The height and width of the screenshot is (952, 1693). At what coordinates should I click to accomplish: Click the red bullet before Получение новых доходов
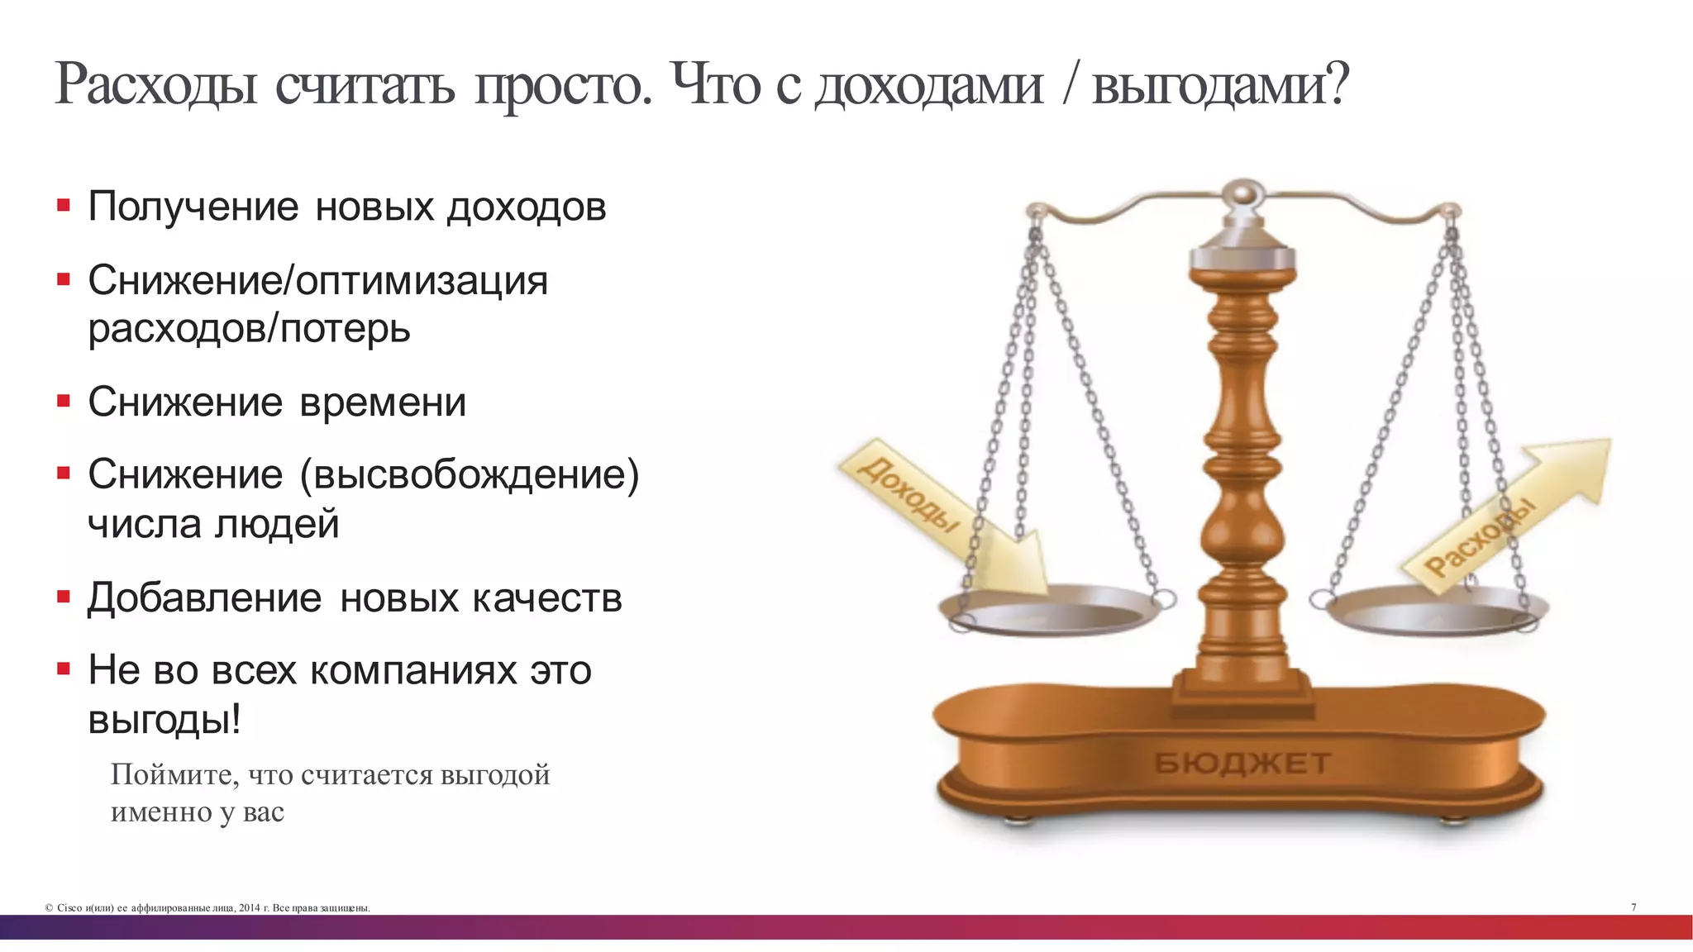(x=64, y=205)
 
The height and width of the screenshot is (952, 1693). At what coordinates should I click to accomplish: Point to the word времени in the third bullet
(x=383, y=402)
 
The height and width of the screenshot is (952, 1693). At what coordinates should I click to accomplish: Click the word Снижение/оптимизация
(x=317, y=280)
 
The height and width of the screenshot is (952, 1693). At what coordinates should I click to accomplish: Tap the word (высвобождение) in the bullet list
(x=469, y=475)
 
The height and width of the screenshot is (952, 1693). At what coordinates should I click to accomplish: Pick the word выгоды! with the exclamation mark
(x=165, y=719)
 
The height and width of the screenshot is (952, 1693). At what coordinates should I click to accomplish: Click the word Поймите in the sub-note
(x=174, y=774)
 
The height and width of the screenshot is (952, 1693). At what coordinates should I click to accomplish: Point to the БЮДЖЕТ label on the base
(x=1242, y=763)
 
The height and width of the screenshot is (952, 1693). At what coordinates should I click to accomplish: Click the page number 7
(x=1633, y=907)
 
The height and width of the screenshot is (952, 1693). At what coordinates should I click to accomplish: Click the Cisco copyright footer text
(x=207, y=908)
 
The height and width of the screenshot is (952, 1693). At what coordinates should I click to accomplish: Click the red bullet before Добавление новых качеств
(x=64, y=597)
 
